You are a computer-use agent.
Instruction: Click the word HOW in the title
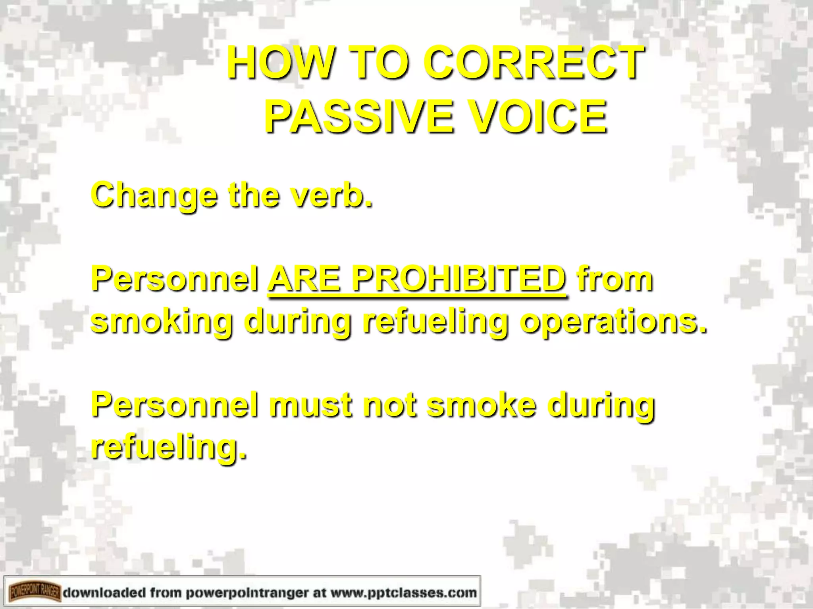pyautogui.click(x=280, y=63)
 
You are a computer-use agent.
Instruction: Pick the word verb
pyautogui.click(x=332, y=195)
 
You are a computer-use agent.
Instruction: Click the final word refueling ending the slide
pyautogui.click(x=169, y=447)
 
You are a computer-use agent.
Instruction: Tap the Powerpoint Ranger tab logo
pyautogui.click(x=35, y=592)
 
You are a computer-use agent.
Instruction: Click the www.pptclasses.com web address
pyautogui.click(x=403, y=592)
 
